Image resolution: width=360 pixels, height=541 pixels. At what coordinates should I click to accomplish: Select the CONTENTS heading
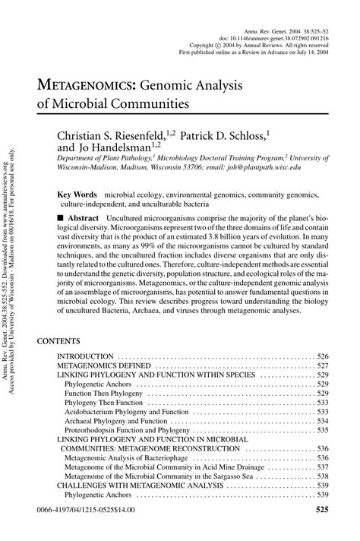(58, 342)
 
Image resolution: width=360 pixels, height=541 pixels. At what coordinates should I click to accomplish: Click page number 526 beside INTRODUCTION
(322, 356)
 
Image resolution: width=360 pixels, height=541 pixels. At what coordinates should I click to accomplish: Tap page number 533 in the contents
(322, 411)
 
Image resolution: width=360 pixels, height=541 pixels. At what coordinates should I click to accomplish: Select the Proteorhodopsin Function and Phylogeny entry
(126, 429)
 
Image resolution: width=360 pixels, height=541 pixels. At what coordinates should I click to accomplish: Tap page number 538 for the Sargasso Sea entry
(322, 476)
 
